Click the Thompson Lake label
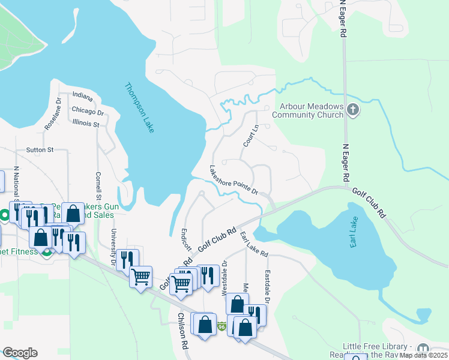point(140,99)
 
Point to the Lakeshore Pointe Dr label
point(234,180)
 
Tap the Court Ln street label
point(250,136)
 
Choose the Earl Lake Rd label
point(253,243)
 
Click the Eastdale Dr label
point(268,283)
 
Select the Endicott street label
point(187,239)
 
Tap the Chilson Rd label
point(182,340)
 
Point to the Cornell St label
point(98,186)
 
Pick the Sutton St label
point(40,149)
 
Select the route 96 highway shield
point(221,326)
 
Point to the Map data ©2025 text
point(424,355)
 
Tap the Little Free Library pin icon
point(423,349)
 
